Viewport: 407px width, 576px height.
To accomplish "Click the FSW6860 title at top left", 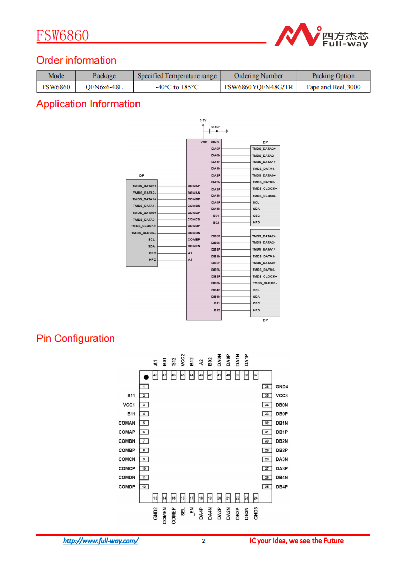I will click(63, 35).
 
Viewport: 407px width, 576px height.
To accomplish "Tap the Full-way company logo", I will click(320, 35).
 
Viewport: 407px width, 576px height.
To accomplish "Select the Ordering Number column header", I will click(258, 76).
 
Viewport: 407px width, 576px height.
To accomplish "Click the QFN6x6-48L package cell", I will click(104, 87).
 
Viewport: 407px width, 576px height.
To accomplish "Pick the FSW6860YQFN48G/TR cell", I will click(258, 87).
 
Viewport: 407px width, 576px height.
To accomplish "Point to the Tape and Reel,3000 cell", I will click(333, 87).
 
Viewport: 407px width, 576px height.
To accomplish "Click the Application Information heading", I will click(88, 104).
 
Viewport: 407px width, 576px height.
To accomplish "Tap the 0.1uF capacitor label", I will click(216, 126).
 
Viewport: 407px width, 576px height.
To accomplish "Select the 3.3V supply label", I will click(203, 120).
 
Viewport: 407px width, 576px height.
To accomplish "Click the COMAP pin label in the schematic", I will click(194, 186).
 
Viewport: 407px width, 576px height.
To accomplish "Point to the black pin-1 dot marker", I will click(146, 377).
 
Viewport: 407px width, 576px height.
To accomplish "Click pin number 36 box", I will click(267, 387).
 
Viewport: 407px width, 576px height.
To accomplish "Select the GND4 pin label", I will click(282, 387).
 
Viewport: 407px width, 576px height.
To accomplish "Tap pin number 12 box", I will click(145, 487).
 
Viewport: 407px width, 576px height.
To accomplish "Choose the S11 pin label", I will click(131, 396).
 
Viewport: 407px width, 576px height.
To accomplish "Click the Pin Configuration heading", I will click(75, 339).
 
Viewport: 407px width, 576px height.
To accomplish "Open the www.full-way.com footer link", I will click(101, 541).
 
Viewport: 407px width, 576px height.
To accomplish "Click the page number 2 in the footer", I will click(203, 541).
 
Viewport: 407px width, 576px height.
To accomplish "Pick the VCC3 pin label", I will click(282, 396).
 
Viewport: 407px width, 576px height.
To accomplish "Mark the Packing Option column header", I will click(333, 76).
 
